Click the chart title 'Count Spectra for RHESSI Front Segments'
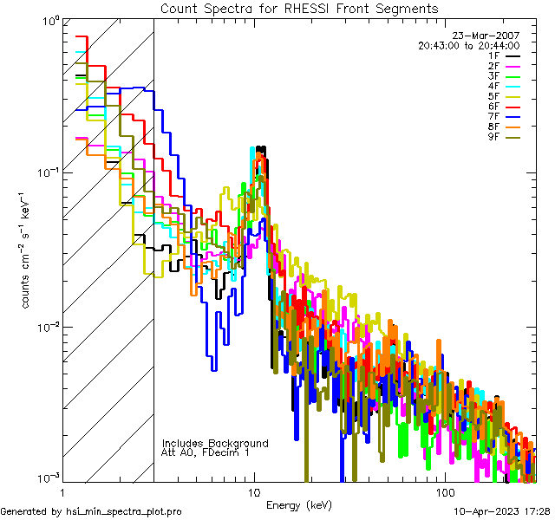pyautogui.click(x=299, y=8)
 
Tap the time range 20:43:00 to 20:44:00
pyautogui.click(x=468, y=46)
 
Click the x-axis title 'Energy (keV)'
pyautogui.click(x=299, y=504)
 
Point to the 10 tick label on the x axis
pyautogui.click(x=253, y=491)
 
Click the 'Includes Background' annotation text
pyautogui.click(x=215, y=443)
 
